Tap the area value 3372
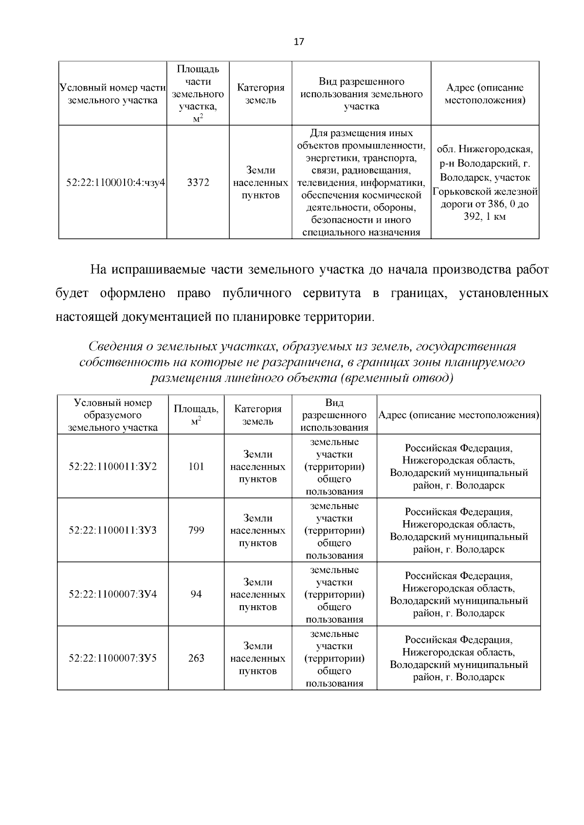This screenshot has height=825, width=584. pyautogui.click(x=198, y=183)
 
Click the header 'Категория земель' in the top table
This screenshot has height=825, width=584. pyautogui.click(x=260, y=94)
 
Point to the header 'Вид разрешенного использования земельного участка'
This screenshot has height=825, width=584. pyautogui.click(x=361, y=93)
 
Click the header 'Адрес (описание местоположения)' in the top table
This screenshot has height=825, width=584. pyautogui.click(x=485, y=94)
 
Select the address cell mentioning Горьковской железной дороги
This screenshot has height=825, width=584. pyautogui.click(x=485, y=182)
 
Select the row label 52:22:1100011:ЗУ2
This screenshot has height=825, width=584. pyautogui.click(x=113, y=466)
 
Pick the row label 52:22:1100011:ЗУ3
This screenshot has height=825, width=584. pyautogui.click(x=113, y=530)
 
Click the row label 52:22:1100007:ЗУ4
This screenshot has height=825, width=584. pyautogui.click(x=113, y=594)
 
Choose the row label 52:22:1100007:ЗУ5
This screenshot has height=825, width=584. pyautogui.click(x=113, y=658)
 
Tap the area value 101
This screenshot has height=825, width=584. pyautogui.click(x=196, y=466)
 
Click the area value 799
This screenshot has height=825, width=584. pyautogui.click(x=196, y=530)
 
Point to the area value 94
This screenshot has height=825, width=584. pyautogui.click(x=196, y=594)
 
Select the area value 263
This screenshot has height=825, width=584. pyautogui.click(x=196, y=658)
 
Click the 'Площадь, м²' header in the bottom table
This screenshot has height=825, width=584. pyautogui.click(x=196, y=415)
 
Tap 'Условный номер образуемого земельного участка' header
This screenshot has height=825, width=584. pyautogui.click(x=113, y=415)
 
